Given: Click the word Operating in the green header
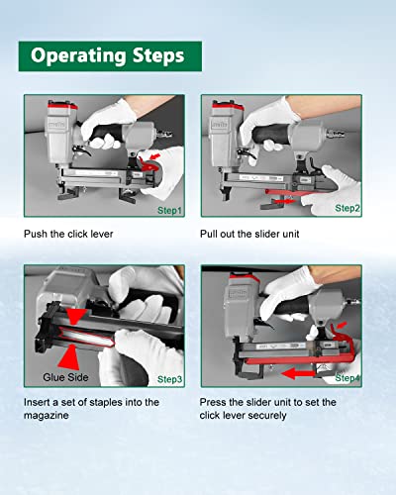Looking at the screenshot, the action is [78, 56].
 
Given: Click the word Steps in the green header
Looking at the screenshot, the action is [158, 55].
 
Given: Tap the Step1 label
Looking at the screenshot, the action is [169, 211].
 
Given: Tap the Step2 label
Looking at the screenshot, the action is [347, 208].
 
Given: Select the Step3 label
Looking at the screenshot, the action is [169, 379].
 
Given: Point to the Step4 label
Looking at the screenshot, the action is [347, 378].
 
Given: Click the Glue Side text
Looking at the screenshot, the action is [65, 377].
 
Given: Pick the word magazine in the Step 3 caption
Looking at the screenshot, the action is [47, 415].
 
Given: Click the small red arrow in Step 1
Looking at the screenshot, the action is [155, 155].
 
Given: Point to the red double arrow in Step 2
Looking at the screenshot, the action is [284, 201].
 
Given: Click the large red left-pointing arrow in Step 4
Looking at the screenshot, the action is [298, 373].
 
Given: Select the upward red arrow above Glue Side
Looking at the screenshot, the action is [68, 357].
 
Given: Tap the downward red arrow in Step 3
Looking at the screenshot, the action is [76, 316].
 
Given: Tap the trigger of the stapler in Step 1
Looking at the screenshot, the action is [82, 151].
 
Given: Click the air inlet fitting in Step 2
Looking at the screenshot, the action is [337, 134].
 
